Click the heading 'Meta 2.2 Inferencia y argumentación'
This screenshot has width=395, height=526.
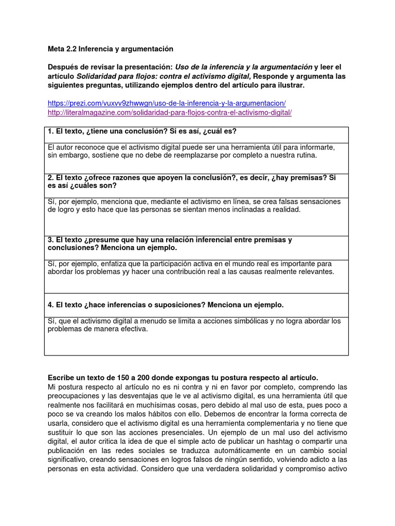[x=111, y=49]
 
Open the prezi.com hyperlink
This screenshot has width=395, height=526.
[x=167, y=103]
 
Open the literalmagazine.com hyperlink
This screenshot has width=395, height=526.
[x=169, y=112]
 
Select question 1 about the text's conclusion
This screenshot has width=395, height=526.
[x=142, y=131]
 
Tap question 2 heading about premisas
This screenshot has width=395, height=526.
[x=191, y=182]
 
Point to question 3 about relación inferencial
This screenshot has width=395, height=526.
[x=170, y=243]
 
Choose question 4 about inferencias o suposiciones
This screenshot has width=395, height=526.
[x=166, y=305]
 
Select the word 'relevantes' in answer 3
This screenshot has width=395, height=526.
[x=316, y=271]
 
